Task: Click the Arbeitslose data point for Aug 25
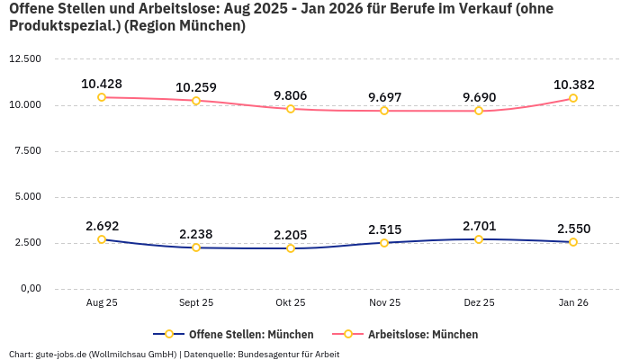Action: (x=102, y=97)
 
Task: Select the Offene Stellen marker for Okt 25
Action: (x=291, y=248)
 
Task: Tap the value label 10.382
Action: (x=573, y=85)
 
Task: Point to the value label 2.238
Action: (x=196, y=234)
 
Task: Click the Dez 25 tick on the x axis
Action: (x=479, y=303)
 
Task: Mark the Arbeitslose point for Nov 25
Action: (x=384, y=111)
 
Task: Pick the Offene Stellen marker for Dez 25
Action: (x=479, y=239)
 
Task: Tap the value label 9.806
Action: (x=291, y=95)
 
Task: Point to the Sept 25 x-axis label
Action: (x=196, y=303)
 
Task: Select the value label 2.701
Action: (x=479, y=226)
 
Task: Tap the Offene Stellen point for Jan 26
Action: (x=573, y=242)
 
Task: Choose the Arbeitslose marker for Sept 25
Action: (x=196, y=101)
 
